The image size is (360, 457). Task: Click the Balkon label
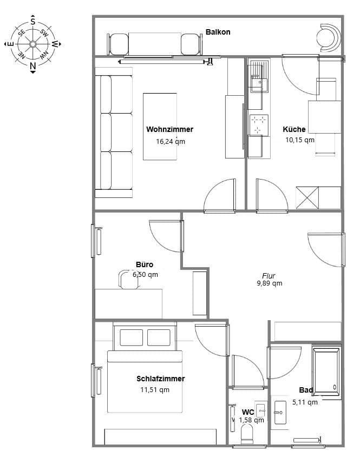tap(218, 32)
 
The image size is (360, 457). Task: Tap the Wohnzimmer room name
tap(169, 129)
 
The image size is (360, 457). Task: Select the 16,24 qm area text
tap(171, 141)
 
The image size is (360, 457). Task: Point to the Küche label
tap(294, 129)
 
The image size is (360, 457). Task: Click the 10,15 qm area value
tap(300, 140)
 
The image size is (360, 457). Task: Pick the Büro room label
tap(145, 264)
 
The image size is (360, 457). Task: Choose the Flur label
tap(269, 275)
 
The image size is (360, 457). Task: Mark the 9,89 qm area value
tap(269, 283)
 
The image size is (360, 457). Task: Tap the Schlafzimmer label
tap(160, 379)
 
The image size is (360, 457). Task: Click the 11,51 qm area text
tap(155, 389)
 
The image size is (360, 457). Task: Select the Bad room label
tap(306, 390)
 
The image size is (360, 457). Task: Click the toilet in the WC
tap(247, 433)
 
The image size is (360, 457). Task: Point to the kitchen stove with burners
tap(258, 124)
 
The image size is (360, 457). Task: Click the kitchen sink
tap(258, 83)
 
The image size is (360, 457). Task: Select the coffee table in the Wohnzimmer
tap(160, 126)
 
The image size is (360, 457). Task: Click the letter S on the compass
tap(32, 22)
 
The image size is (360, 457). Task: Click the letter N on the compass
tap(32, 67)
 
